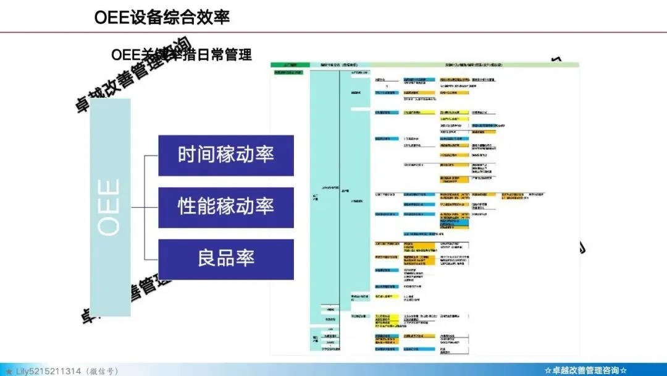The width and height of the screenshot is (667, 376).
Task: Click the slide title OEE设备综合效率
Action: (x=162, y=17)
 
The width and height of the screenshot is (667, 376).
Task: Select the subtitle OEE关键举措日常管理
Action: (x=182, y=54)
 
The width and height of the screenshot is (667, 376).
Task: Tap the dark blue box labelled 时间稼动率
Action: (x=225, y=155)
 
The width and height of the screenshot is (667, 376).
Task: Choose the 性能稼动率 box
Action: (x=225, y=207)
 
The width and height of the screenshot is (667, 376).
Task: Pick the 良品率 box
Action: (x=225, y=258)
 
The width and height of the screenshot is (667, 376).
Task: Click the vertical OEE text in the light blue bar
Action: (x=110, y=207)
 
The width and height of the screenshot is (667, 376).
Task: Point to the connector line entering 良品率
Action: (x=151, y=258)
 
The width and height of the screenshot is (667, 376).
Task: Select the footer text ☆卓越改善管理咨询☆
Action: (x=586, y=370)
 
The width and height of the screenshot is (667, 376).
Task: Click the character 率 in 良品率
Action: (x=245, y=258)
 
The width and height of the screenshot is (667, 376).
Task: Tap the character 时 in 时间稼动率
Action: (x=187, y=155)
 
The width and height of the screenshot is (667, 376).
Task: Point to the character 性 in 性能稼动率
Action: (x=187, y=207)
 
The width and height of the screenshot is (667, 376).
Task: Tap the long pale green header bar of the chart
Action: (x=476, y=64)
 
